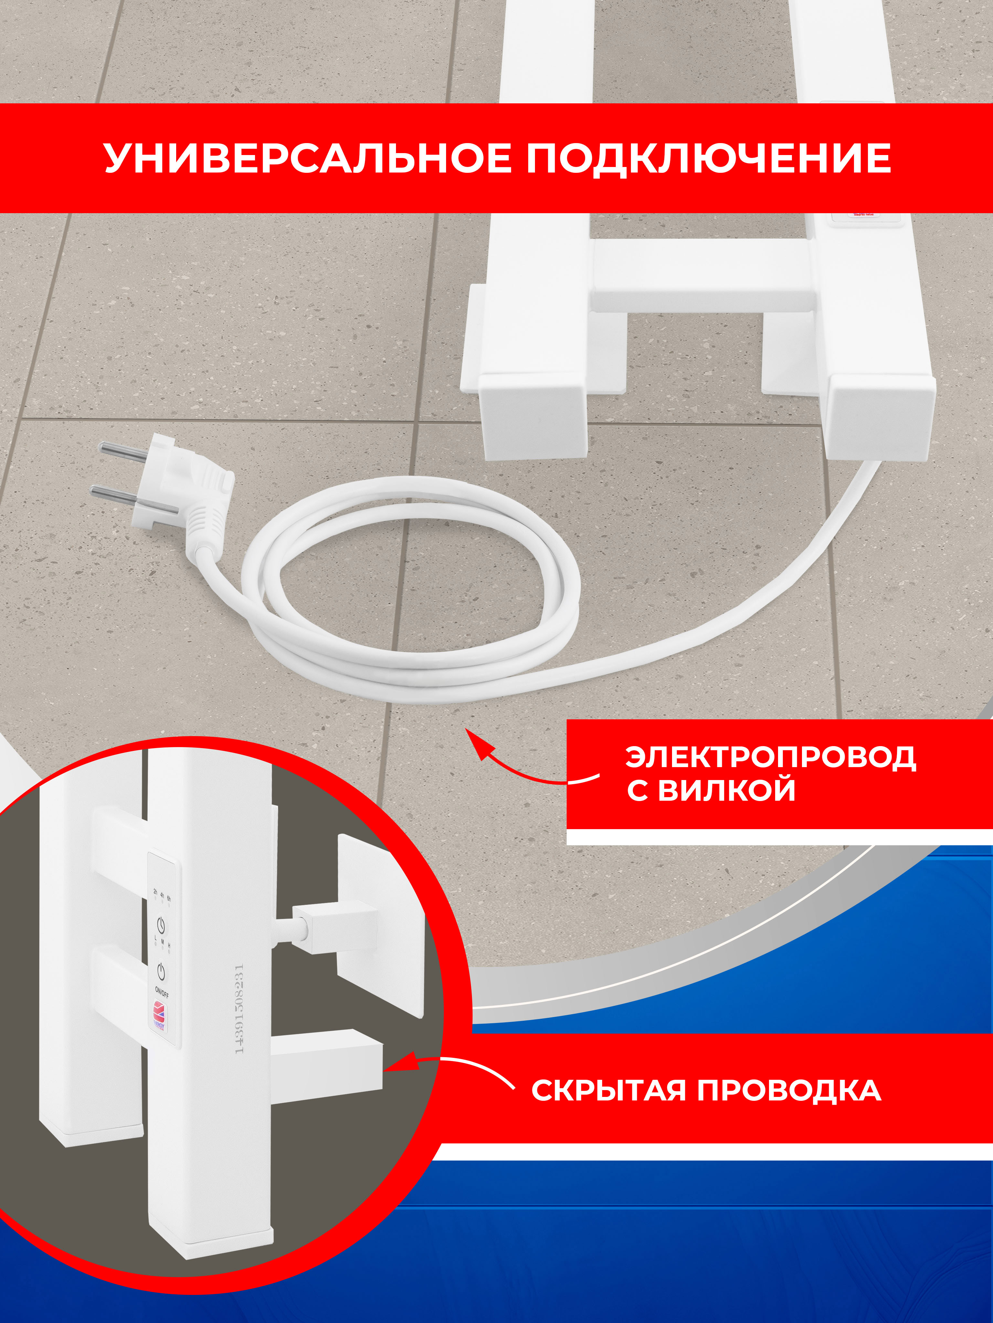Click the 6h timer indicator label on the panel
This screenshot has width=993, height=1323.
coord(169,898)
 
